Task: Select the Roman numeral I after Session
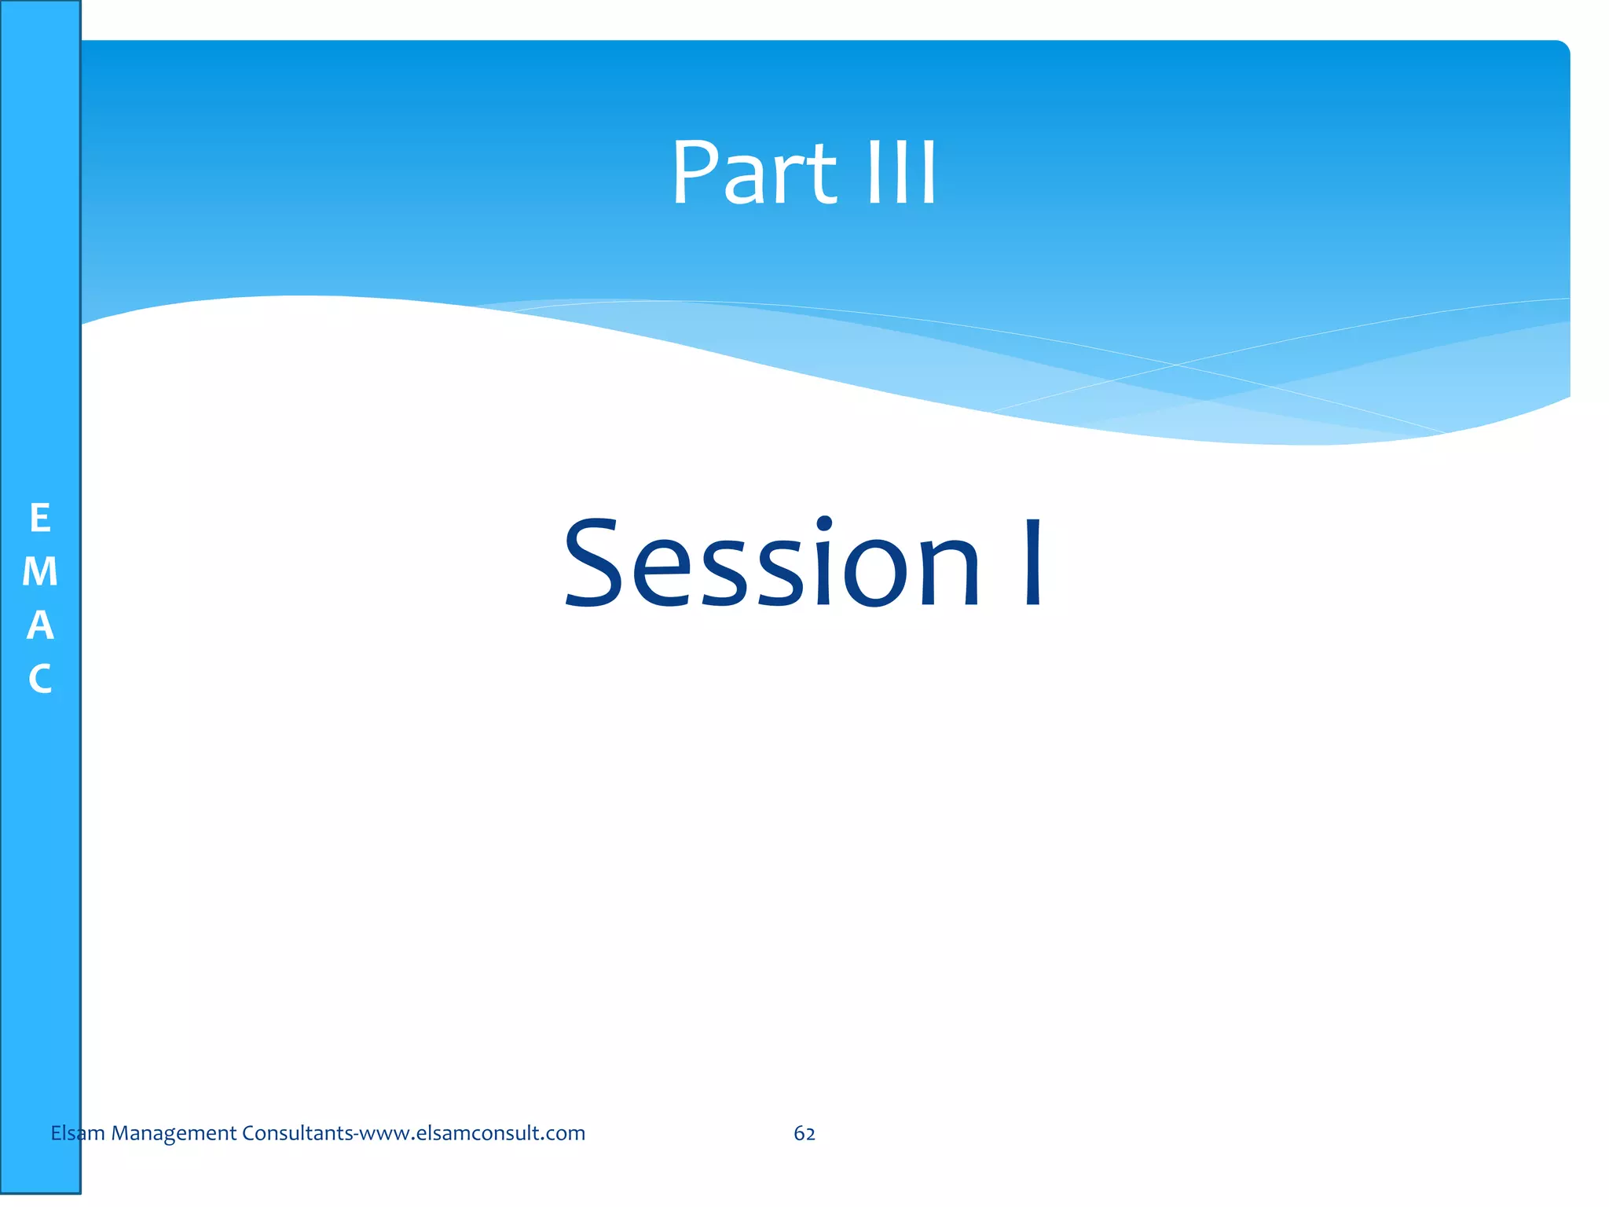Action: (x=1033, y=563)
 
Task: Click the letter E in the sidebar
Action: (x=40, y=519)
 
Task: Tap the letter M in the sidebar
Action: (x=40, y=572)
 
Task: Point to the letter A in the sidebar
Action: (x=40, y=626)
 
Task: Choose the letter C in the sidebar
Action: (x=40, y=679)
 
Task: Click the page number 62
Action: (x=804, y=1133)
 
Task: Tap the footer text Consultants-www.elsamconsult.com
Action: (x=413, y=1133)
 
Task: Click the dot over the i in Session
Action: (x=823, y=524)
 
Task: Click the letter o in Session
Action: (x=876, y=574)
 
